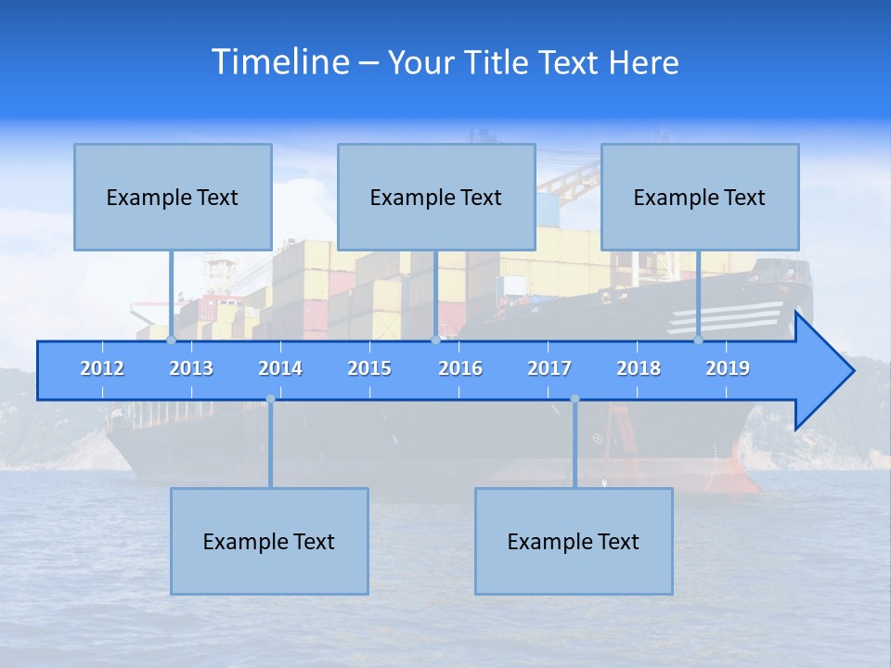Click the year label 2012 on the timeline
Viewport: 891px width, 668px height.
point(102,368)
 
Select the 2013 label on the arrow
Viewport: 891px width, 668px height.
point(191,368)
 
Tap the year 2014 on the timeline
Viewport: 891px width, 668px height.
point(280,368)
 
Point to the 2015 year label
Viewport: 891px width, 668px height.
point(369,368)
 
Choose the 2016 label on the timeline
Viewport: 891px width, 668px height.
point(460,368)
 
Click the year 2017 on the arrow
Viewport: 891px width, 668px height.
point(549,368)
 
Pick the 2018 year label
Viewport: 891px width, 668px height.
point(639,368)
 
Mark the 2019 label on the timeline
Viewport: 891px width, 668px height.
point(728,368)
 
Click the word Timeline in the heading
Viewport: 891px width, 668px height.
point(279,62)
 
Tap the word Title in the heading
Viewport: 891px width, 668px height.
point(497,63)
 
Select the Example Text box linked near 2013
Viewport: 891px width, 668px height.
point(173,197)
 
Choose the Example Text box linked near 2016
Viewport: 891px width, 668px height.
point(436,197)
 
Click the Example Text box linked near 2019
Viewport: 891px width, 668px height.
point(700,197)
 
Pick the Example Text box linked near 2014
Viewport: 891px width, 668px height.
point(269,541)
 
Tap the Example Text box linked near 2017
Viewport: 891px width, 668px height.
point(574,541)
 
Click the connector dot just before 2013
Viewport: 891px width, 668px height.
point(172,340)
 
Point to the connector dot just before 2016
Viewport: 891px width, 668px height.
point(436,340)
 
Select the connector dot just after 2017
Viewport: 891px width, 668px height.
point(575,399)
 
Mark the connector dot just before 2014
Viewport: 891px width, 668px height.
point(270,399)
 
